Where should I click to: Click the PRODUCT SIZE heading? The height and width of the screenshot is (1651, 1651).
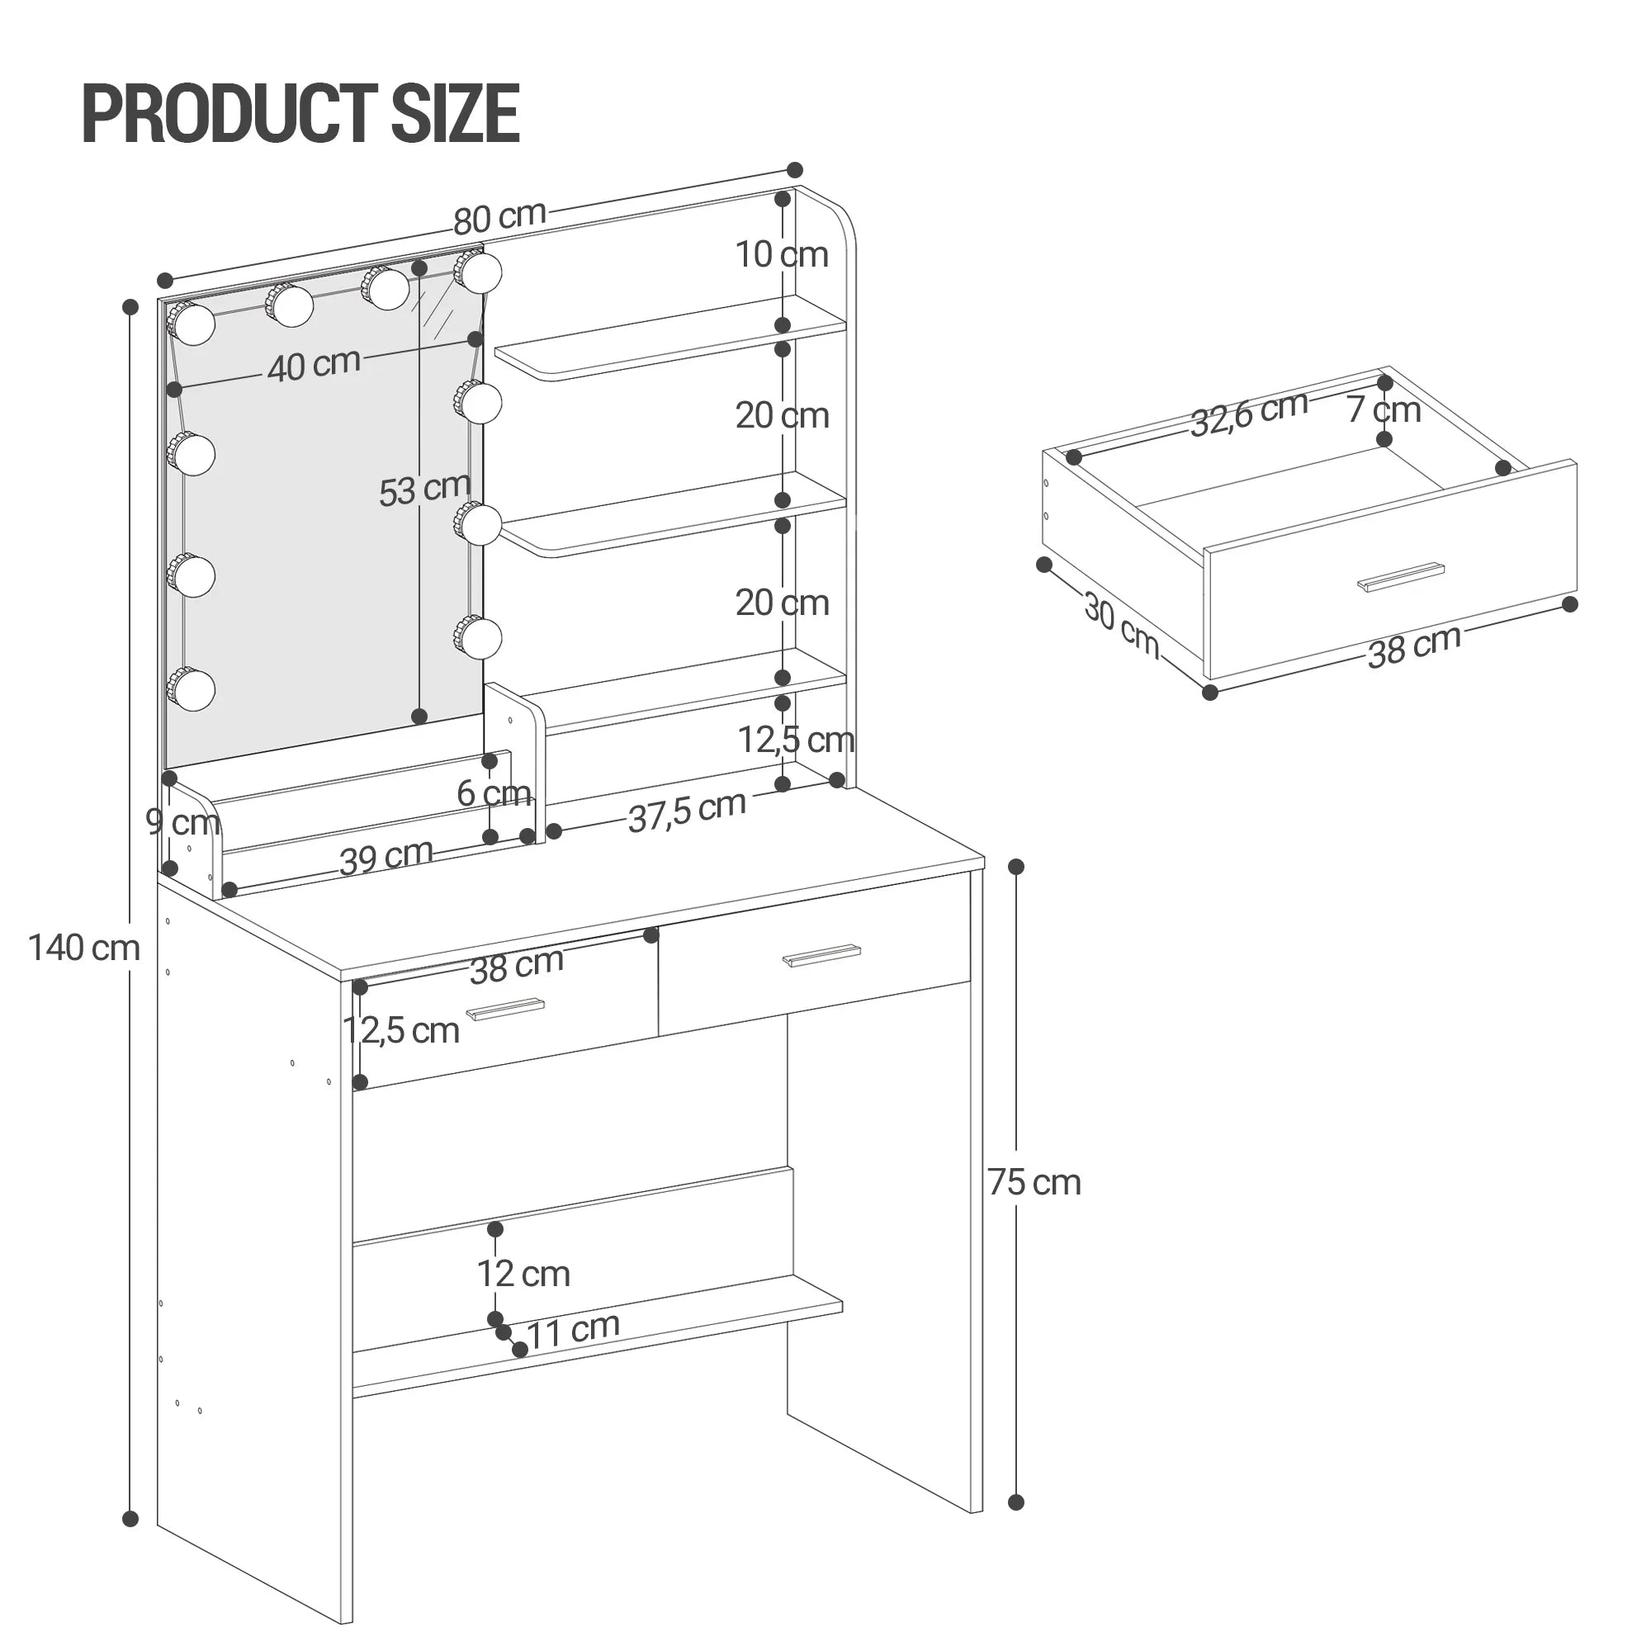pos(300,113)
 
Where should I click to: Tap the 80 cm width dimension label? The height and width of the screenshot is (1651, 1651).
pos(499,217)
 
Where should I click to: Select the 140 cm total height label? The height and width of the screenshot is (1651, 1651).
pos(83,948)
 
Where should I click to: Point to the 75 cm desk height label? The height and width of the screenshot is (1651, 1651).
pos(1034,1183)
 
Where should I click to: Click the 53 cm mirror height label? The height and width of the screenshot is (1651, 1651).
pos(424,490)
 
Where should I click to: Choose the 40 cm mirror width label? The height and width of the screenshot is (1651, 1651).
pos(314,365)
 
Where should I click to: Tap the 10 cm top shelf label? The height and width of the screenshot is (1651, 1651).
pos(782,254)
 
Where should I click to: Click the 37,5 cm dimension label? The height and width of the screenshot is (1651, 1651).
pos(687,811)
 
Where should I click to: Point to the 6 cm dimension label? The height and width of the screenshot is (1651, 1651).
pos(494,793)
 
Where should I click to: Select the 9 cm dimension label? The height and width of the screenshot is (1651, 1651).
pos(183,821)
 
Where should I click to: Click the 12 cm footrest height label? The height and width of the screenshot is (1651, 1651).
pos(523,1274)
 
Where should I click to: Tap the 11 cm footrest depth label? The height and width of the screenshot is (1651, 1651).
pos(573,1331)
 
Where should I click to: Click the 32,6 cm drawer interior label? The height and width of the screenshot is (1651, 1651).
pos(1248,414)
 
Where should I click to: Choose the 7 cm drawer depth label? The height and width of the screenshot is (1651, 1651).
pos(1384,409)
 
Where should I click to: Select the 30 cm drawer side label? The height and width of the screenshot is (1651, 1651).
pos(1121,627)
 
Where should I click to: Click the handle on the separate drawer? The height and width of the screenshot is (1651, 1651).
pos(1401,576)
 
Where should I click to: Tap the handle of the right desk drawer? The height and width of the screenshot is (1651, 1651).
pos(821,956)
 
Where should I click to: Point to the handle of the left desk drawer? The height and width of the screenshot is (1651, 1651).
pos(505,1010)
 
